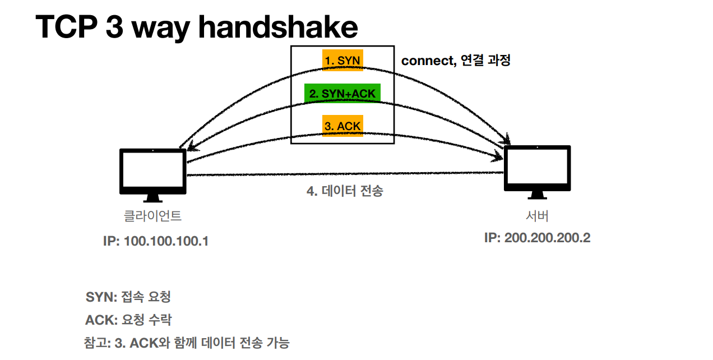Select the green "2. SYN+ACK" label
click(x=342, y=93)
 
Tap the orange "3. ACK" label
click(x=342, y=126)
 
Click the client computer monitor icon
click(x=153, y=171)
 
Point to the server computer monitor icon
click(x=537, y=168)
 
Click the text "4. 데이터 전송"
click(x=345, y=191)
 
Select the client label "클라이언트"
click(x=153, y=216)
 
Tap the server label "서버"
click(x=537, y=216)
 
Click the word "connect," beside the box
click(x=428, y=61)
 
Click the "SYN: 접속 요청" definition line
click(x=132, y=297)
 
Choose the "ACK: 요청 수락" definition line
click(x=128, y=320)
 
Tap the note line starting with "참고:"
click(x=187, y=343)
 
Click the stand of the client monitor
click(x=153, y=197)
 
